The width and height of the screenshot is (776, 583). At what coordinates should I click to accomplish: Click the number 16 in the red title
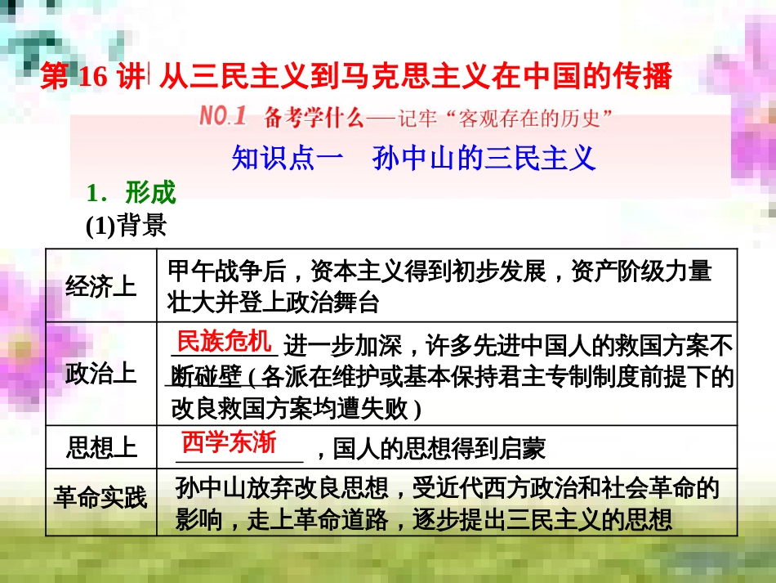95,77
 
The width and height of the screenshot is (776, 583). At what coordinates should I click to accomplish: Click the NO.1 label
222,117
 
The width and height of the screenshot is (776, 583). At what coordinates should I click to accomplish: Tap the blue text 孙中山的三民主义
484,157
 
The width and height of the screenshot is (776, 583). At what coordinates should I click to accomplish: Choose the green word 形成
150,193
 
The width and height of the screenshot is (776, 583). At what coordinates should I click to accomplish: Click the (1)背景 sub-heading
126,224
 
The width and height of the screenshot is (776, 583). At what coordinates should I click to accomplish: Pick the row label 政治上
101,373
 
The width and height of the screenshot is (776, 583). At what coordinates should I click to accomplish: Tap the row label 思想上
101,447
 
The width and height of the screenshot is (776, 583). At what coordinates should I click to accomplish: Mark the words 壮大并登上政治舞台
274,303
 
